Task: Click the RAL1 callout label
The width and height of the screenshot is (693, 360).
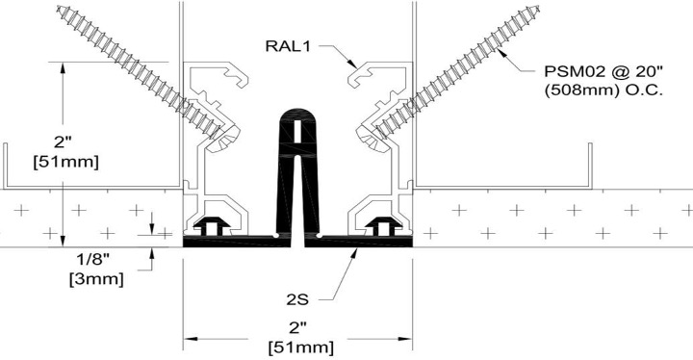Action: pos(288,45)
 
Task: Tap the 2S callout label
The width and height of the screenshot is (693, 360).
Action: pos(297,300)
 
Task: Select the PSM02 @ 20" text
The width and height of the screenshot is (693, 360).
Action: pos(603,71)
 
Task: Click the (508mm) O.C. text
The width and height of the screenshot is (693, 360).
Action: pos(603,90)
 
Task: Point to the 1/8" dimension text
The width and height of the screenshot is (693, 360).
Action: pos(92,259)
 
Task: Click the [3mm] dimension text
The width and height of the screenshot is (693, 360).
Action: pos(96,279)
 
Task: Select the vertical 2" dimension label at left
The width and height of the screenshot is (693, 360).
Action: pos(63,142)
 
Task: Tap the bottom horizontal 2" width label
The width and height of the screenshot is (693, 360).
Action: pos(297,328)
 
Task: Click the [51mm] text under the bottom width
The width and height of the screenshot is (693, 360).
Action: pos(301,347)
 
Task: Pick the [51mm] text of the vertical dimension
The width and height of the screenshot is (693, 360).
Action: pos(65,162)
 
